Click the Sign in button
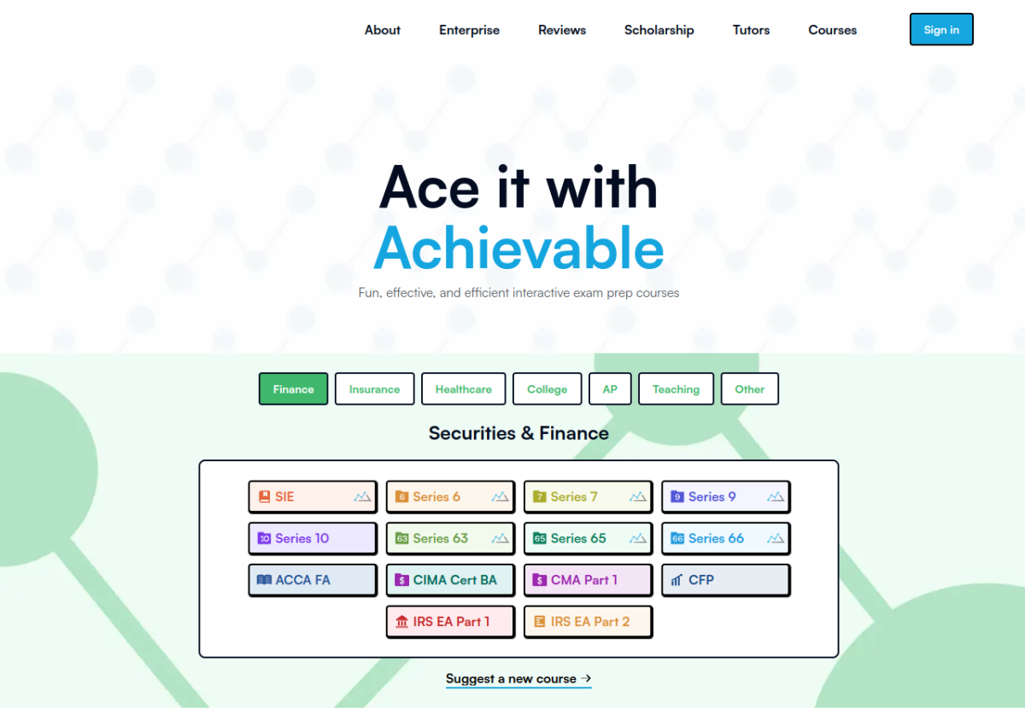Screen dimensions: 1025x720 pyautogui.click(x=940, y=30)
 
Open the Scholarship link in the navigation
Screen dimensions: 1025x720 pyautogui.click(x=659, y=30)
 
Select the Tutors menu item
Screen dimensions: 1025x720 pyautogui.click(x=751, y=30)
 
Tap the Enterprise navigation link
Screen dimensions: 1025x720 pyautogui.click(x=469, y=30)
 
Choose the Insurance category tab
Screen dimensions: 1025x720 pyautogui.click(x=374, y=389)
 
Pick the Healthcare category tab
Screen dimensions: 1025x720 pyautogui.click(x=464, y=389)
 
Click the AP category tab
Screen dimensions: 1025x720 pyautogui.click(x=610, y=389)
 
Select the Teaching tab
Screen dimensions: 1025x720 pyautogui.click(x=676, y=389)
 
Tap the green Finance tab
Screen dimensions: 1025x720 pyautogui.click(x=293, y=389)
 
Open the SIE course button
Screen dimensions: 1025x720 pyautogui.click(x=313, y=497)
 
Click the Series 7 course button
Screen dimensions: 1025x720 pyautogui.click(x=588, y=497)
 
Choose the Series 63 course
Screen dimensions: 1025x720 pyautogui.click(x=450, y=538)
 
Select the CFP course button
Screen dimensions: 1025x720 pyautogui.click(x=726, y=580)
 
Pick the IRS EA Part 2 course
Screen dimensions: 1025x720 pyautogui.click(x=588, y=622)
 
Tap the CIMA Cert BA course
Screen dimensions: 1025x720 pyautogui.click(x=450, y=580)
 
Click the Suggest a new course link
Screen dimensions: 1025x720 pyautogui.click(x=518, y=679)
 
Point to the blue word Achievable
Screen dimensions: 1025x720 pyautogui.click(x=519, y=249)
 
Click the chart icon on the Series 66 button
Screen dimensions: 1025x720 pyautogui.click(x=776, y=538)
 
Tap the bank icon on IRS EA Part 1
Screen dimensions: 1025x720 pyautogui.click(x=401, y=622)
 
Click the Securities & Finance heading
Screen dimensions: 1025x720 pyautogui.click(x=518, y=433)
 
